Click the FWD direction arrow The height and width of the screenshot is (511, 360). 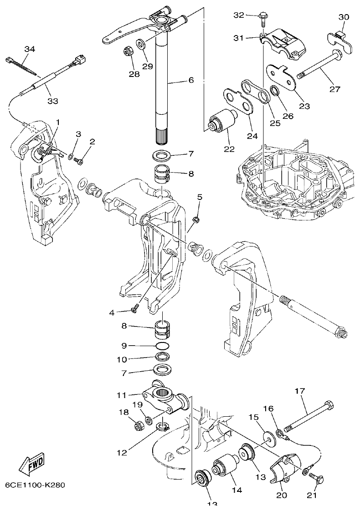[32, 463]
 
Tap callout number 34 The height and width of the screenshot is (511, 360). [29, 49]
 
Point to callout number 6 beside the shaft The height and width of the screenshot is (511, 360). [190, 80]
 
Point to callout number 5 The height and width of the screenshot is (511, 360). [199, 197]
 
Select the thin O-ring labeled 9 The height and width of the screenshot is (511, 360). [160, 346]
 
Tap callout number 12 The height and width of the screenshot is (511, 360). [121, 453]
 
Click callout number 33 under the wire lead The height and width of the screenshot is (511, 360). [53, 101]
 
